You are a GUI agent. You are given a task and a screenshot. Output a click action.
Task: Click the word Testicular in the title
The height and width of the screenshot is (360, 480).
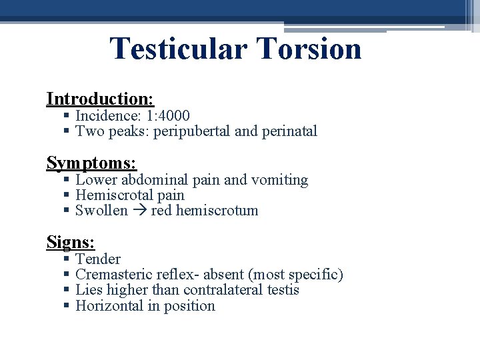tap(177, 49)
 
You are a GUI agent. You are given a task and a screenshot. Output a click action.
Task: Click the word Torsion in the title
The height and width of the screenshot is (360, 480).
tap(308, 49)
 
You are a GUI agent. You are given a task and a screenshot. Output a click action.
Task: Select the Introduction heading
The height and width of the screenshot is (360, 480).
tap(100, 99)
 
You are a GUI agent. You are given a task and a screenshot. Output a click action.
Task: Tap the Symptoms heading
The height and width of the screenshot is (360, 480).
tap(91, 162)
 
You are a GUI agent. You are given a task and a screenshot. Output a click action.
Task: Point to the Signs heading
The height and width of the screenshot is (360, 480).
tap(71, 241)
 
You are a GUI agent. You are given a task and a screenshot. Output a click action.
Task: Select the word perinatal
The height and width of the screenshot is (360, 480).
tap(289, 131)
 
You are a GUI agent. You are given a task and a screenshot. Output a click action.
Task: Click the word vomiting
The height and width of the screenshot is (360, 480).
tap(281, 180)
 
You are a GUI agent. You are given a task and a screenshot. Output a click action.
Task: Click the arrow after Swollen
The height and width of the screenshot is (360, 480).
tap(139, 211)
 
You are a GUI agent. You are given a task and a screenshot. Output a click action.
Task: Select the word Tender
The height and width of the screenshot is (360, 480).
tap(98, 259)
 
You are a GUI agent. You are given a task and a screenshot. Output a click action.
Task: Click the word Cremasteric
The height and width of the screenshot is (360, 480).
tap(113, 275)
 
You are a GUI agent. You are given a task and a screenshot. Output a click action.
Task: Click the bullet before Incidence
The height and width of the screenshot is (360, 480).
tap(67, 117)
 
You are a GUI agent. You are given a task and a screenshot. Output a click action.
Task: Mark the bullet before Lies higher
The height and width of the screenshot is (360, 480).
tap(67, 291)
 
